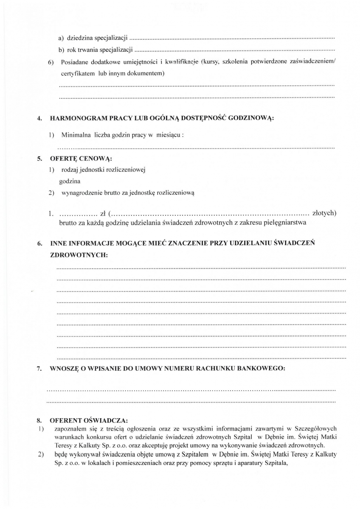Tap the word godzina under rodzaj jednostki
click(70, 181)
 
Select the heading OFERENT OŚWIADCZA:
click(88, 420)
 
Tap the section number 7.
click(39, 368)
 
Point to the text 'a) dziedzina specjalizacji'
click(93, 38)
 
